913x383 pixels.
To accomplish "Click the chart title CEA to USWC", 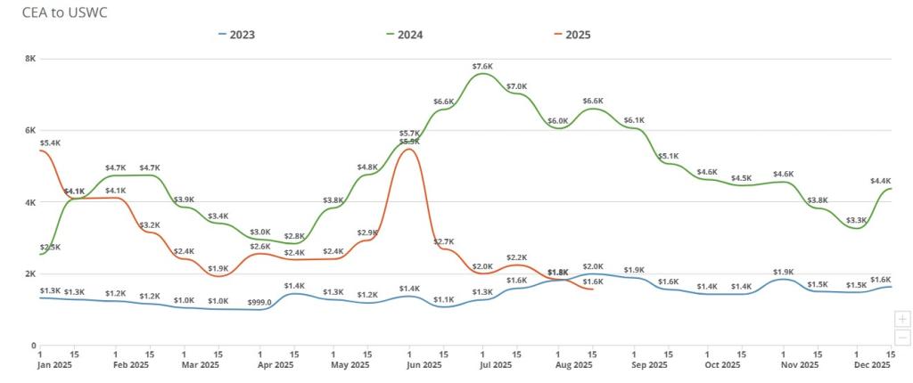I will coord(59,12).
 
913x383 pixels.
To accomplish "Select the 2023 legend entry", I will coord(234,35).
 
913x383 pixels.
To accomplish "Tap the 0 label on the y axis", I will coord(32,346).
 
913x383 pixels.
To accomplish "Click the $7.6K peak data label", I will coord(483,66).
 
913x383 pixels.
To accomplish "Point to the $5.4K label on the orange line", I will coord(50,143).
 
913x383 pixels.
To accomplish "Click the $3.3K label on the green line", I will coord(857,220).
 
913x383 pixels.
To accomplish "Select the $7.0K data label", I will coord(517,86).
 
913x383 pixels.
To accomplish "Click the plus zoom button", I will coord(902,319).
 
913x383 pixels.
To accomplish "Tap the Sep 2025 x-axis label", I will coord(650,365).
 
